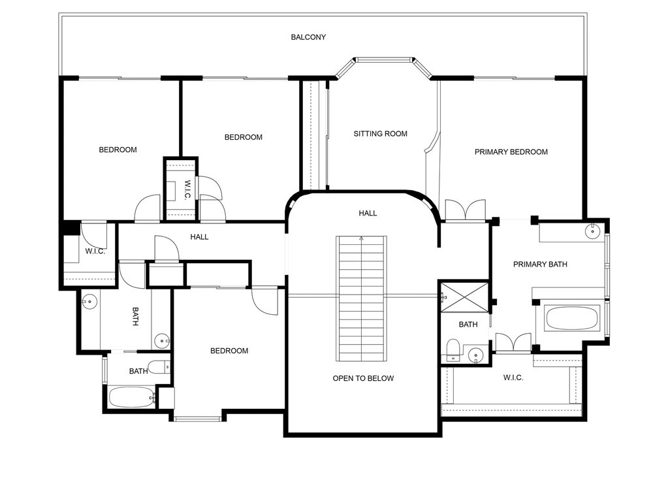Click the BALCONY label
pyautogui.click(x=308, y=37)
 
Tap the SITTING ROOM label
pyautogui.click(x=380, y=134)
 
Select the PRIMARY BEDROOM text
pyautogui.click(x=511, y=152)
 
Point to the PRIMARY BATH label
pyautogui.click(x=540, y=265)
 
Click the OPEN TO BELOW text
pyautogui.click(x=363, y=378)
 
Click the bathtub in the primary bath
pyautogui.click(x=571, y=318)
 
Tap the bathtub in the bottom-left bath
pyautogui.click(x=131, y=398)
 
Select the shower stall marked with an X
pyautogui.click(x=464, y=297)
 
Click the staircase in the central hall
pyautogui.click(x=361, y=299)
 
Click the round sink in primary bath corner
pyautogui.click(x=592, y=231)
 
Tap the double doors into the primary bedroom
pyautogui.click(x=465, y=210)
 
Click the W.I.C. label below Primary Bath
pyautogui.click(x=513, y=378)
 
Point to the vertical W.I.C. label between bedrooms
pyautogui.click(x=187, y=190)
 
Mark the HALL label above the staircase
pyautogui.click(x=368, y=214)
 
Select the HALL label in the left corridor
pyautogui.click(x=199, y=237)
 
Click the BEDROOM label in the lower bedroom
pyautogui.click(x=229, y=351)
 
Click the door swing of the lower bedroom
pyautogui.click(x=265, y=302)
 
